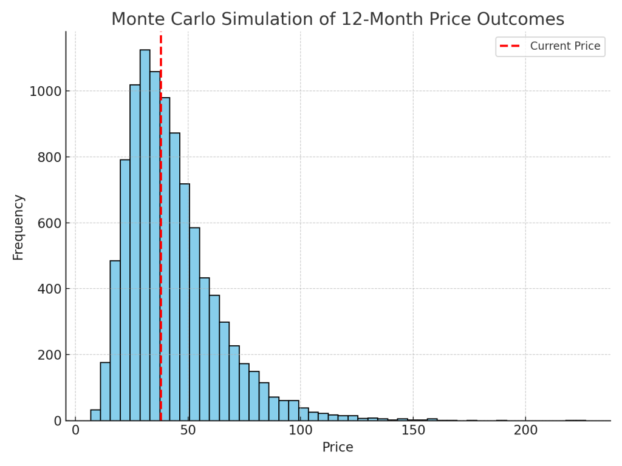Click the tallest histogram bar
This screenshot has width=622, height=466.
point(145,237)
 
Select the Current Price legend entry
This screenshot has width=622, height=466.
point(564,46)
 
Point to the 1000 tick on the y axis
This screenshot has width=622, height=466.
point(45,91)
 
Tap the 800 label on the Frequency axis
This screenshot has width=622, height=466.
point(49,157)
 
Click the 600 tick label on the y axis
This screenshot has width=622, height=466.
point(49,223)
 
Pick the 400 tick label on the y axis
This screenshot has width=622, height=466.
point(49,289)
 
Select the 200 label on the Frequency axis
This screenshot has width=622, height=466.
point(49,355)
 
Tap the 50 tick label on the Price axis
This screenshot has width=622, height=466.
point(188,431)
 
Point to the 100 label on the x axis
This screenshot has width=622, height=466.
point(300,431)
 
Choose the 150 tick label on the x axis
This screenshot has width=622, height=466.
point(413,431)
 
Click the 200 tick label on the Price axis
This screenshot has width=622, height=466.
point(525,431)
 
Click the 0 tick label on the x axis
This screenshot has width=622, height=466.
point(75,431)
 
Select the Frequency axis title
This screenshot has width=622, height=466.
point(18,227)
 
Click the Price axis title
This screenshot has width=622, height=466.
point(338,448)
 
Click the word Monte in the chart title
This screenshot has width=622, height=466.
point(137,19)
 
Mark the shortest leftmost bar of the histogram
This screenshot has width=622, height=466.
point(95,415)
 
